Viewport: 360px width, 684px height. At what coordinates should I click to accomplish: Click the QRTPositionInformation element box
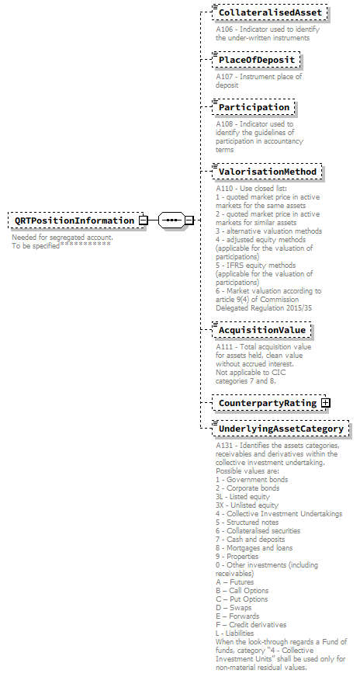click(74, 220)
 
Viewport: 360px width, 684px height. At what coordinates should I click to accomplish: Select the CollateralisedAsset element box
click(269, 13)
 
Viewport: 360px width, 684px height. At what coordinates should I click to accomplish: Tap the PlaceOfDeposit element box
click(255, 60)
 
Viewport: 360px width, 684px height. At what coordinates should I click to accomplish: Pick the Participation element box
click(254, 107)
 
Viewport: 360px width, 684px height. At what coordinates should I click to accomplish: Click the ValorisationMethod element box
click(267, 172)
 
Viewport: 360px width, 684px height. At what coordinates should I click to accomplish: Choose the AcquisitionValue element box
click(262, 330)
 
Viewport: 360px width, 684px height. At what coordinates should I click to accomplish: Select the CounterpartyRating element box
click(267, 404)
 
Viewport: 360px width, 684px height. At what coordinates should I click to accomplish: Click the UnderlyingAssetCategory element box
click(280, 429)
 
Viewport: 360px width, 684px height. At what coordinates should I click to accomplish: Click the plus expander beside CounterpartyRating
click(326, 404)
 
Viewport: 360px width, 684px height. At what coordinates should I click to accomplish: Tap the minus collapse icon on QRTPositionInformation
click(144, 220)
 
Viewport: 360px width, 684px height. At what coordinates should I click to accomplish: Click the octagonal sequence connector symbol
click(171, 220)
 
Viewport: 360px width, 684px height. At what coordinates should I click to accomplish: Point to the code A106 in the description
click(225, 30)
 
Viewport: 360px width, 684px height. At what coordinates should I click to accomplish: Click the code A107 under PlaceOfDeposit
click(225, 76)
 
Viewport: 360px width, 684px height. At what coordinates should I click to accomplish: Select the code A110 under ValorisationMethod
click(225, 188)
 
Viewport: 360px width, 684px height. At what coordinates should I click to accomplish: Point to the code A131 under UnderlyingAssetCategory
click(225, 446)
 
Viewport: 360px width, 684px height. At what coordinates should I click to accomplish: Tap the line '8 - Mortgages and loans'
click(254, 547)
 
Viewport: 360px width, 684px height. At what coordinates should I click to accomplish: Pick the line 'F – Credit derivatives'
click(251, 624)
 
